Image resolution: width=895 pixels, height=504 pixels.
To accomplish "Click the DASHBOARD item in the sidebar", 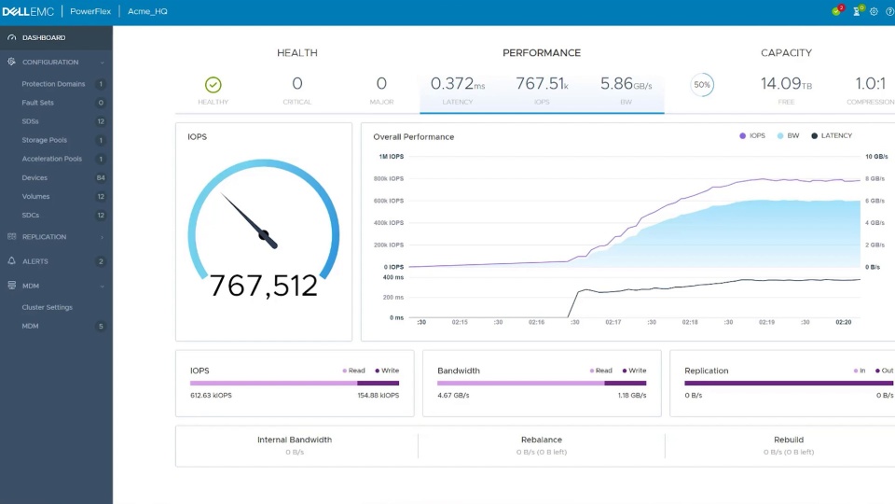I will [44, 37].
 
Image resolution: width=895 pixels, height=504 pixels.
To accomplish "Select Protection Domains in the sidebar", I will [53, 84].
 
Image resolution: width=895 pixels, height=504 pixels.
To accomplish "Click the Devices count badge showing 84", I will [101, 177].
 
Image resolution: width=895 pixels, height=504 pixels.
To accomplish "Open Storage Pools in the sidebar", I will [45, 140].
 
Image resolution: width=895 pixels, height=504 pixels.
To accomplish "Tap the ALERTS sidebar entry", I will [34, 261].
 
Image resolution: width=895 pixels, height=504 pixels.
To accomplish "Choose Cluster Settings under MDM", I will [47, 307].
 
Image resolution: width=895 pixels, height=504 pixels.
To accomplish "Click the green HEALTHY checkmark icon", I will [213, 85].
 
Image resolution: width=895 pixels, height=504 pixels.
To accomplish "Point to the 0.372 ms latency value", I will [458, 84].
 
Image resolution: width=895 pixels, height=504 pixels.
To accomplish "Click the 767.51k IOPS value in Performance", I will [542, 84].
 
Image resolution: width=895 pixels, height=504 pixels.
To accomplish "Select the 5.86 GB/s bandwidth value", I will [626, 84].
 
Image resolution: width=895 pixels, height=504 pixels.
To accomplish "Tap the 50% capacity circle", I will [702, 85].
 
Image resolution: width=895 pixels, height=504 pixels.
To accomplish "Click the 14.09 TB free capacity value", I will [786, 84].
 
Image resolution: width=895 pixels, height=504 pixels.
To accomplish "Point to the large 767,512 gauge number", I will [264, 286].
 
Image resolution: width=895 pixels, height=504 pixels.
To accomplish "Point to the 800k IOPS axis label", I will [389, 178].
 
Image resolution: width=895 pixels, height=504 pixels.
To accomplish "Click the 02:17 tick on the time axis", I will [613, 322].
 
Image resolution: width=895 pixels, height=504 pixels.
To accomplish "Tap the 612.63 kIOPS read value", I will [210, 396].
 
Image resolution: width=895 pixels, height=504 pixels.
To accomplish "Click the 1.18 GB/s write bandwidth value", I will [632, 396].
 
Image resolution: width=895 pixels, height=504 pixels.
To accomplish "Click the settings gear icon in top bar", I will [874, 12].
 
